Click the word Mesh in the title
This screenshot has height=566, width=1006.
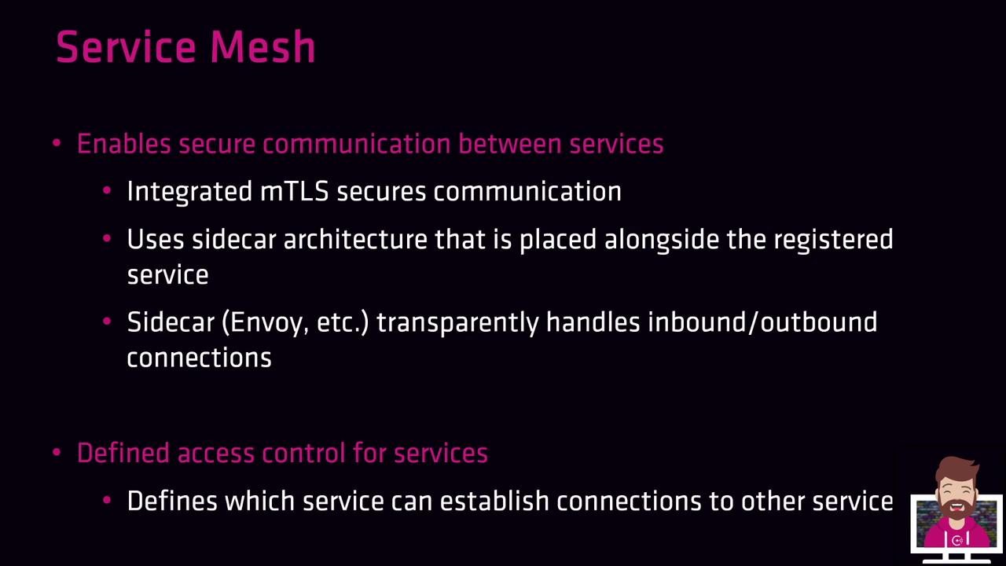click(x=263, y=46)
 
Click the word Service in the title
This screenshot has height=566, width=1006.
click(x=127, y=46)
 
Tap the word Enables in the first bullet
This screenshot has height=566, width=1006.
click(x=124, y=144)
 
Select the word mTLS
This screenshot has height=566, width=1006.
click(x=294, y=191)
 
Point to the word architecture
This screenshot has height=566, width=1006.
click(x=355, y=239)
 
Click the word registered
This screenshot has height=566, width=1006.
click(x=833, y=240)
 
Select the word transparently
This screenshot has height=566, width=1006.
click(x=457, y=323)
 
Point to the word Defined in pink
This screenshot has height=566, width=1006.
click(x=123, y=453)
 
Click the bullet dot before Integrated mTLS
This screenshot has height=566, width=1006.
click(x=107, y=191)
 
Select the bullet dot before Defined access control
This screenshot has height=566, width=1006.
click(x=57, y=452)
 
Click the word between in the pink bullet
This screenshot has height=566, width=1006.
click(x=510, y=144)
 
